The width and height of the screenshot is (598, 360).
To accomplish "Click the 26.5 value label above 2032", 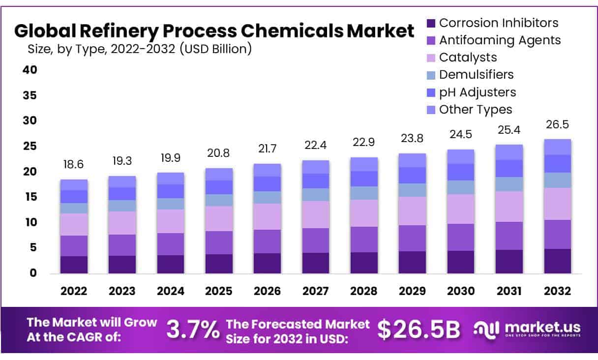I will click(557, 124).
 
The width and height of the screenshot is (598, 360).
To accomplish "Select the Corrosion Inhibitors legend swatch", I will click(431, 23).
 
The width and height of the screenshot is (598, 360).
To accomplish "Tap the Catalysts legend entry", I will click(468, 57).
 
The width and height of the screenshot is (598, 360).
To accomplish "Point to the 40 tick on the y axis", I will click(30, 70).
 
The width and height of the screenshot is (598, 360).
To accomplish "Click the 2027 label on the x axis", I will click(315, 291).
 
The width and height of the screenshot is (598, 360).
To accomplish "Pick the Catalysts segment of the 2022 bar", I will click(74, 224).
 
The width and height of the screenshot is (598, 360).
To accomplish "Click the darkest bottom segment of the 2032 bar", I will click(557, 261).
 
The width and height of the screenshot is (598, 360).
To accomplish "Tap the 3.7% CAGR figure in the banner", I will click(193, 330).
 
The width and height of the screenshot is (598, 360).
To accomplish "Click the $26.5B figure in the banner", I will click(419, 330).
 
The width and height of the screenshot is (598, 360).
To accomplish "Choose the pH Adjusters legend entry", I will click(478, 92).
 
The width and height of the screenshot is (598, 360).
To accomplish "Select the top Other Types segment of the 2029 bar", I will click(412, 160).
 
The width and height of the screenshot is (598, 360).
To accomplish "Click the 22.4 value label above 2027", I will click(315, 146).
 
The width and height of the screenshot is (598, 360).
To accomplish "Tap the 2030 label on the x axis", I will click(460, 291).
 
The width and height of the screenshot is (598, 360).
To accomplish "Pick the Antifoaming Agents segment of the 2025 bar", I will click(219, 242).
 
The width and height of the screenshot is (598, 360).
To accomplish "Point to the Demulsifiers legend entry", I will click(476, 74).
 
